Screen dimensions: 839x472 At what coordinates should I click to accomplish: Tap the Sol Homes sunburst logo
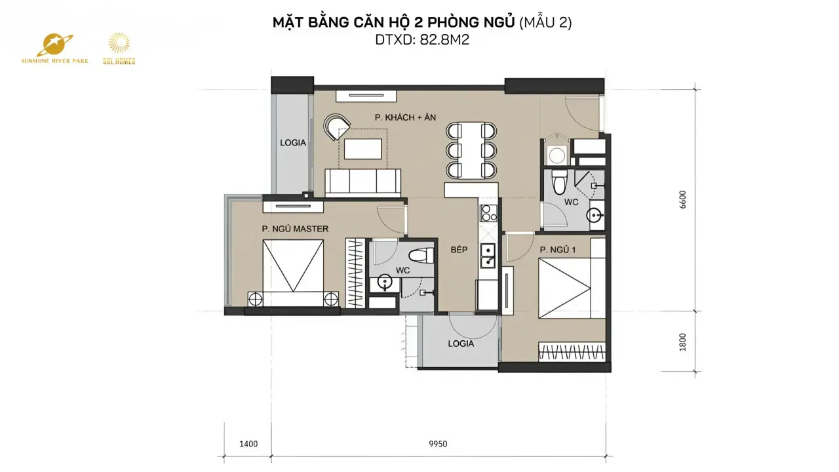point(119,43)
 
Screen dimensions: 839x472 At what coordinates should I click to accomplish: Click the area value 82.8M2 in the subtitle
point(444,40)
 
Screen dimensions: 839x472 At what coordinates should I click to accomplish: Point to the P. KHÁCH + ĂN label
point(405,117)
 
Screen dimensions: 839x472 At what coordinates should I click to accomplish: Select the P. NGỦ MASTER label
point(295,229)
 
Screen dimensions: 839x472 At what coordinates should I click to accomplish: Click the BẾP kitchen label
point(459,250)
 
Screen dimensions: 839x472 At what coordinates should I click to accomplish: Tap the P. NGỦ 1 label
point(558,250)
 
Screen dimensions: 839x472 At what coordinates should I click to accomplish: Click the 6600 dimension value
point(683,200)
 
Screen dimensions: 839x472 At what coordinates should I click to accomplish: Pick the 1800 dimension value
point(683,342)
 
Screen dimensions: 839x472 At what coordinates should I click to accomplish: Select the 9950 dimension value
point(438,444)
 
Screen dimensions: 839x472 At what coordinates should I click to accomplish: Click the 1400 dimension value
point(248,444)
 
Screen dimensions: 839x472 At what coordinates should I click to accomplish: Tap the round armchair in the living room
point(336,127)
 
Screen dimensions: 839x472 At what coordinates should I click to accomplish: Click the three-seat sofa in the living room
point(362,183)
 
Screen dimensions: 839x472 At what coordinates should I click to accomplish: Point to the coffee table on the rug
point(363,149)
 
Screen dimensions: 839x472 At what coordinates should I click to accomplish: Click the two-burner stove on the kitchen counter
point(489,214)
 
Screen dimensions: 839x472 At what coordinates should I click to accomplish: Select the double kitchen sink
point(488,256)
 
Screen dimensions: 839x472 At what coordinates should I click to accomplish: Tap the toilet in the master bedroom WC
point(421,256)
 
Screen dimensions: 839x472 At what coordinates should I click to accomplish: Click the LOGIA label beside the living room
point(293,143)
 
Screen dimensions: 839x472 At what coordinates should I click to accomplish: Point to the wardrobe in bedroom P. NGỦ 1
point(572,352)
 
